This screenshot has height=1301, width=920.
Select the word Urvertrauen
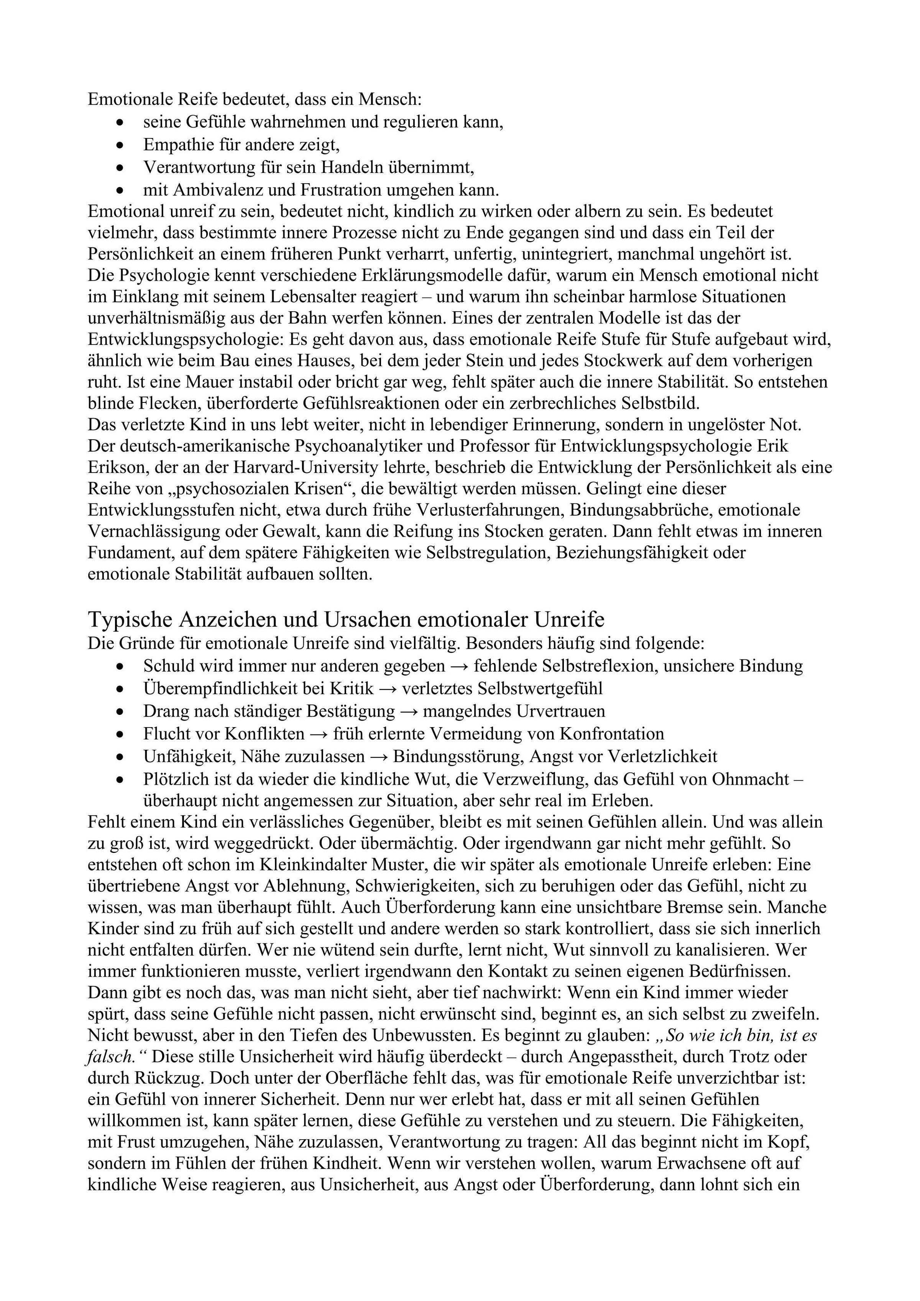point(558,711)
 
